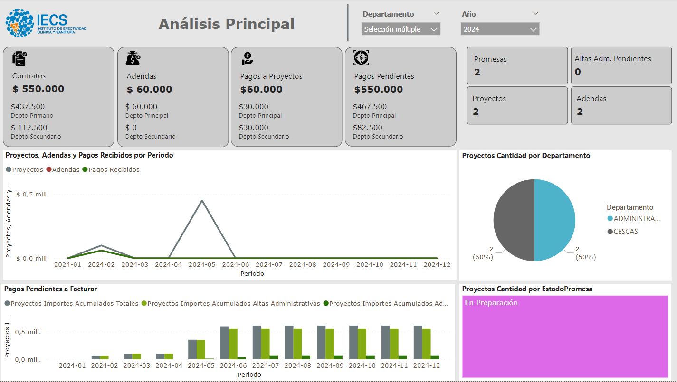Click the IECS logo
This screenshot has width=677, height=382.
pos(46,23)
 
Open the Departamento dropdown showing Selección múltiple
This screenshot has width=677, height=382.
pos(400,29)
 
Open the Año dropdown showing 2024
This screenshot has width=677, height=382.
pos(500,29)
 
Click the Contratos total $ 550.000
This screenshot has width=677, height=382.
pos(38,89)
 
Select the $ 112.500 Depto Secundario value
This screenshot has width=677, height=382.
pos(29,127)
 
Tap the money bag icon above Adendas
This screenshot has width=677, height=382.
pos(133,58)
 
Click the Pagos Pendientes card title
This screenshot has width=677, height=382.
pos(384,76)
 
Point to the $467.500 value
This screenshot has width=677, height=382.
pos(370,107)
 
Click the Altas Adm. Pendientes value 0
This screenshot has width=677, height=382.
pos(578,72)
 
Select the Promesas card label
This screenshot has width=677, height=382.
pos(490,59)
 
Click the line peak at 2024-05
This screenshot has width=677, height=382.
pos(202,201)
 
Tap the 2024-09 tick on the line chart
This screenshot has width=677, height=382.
pos(336,264)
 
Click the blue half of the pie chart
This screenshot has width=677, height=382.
pos(555,220)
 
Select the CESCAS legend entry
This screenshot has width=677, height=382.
pos(625,232)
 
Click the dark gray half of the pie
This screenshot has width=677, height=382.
pos(514,220)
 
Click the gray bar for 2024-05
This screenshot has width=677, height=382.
pos(192,349)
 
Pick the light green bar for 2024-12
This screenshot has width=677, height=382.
pos(426,344)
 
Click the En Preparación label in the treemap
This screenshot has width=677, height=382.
pos(491,303)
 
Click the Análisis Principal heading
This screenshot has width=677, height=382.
pos(226,24)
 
